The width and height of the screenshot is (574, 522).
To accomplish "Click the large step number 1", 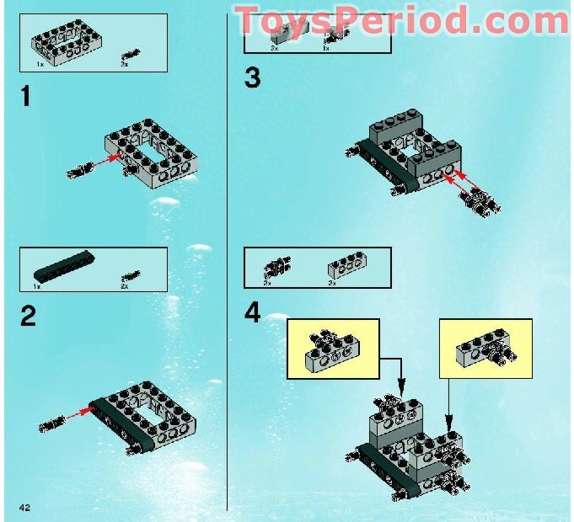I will tap(26, 97).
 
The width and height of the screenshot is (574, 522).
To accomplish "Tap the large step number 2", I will tap(28, 317).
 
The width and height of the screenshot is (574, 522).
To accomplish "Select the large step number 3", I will tap(253, 79).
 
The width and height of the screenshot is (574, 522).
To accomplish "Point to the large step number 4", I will tap(253, 314).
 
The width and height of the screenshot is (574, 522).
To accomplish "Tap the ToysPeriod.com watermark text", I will tap(402, 19).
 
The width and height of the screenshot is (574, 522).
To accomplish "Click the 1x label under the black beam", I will tap(37, 286).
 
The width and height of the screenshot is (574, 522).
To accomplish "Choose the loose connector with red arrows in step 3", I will tap(477, 201).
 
